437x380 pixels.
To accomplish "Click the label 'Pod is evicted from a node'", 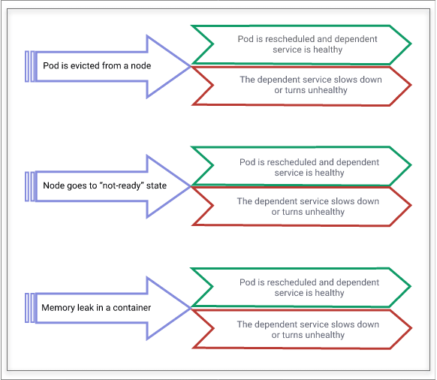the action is tap(97, 66).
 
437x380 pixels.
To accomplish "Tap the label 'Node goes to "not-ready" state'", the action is tap(105, 185).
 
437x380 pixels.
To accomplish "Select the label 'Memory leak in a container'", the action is tap(96, 308).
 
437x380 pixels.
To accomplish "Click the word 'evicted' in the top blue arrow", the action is tap(85, 66).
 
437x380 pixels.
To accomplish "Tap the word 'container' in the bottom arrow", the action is tap(132, 308).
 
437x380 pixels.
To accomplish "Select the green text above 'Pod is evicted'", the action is tap(307, 44).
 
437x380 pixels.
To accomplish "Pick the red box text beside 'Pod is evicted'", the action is tap(311, 85).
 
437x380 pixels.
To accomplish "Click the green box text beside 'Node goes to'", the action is tap(309, 167).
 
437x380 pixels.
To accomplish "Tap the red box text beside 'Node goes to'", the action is tap(308, 207).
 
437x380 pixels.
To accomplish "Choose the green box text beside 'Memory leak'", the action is tap(309, 288).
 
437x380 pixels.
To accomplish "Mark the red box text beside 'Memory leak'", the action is tap(308, 330).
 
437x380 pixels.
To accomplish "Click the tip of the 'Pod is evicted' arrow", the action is tap(191, 66).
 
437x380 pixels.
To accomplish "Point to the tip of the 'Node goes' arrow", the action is tap(191, 186).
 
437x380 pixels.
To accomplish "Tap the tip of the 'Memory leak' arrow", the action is tap(191, 308).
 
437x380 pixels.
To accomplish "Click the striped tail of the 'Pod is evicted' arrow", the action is tap(30, 66).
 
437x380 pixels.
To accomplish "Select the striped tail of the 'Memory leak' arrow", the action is tap(30, 308).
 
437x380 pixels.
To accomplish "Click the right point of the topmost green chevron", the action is tap(411, 44).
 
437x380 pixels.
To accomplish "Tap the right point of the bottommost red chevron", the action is tap(411, 329).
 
